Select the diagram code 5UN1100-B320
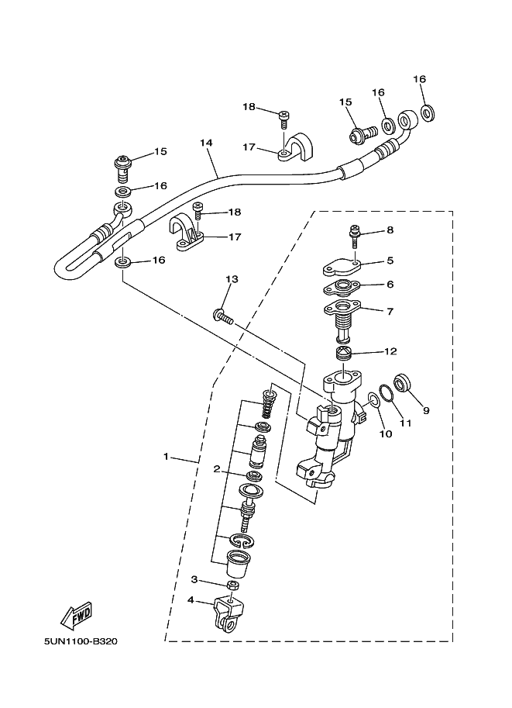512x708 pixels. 81,641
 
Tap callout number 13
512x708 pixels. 232,279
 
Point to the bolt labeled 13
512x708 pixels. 222,316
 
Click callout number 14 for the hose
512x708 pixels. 206,143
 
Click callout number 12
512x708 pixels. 390,351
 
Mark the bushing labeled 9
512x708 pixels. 402,383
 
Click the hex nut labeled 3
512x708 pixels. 232,585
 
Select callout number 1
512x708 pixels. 166,457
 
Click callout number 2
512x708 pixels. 217,469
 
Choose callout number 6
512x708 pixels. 390,284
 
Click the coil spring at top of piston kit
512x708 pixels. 269,399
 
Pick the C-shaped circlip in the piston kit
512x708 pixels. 242,540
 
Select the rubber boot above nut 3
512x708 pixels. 237,563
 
